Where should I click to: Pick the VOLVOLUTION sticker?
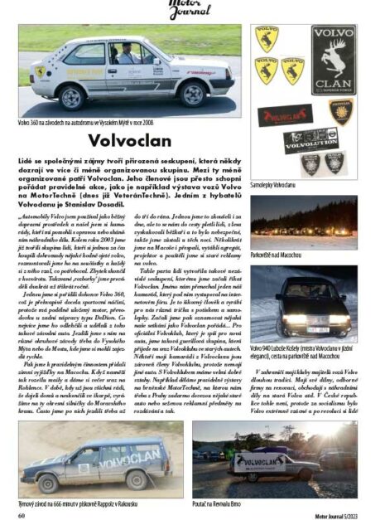(x=310, y=139)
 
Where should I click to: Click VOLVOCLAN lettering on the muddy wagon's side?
(x=128, y=457)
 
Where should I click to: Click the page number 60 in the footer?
(x=22, y=515)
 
